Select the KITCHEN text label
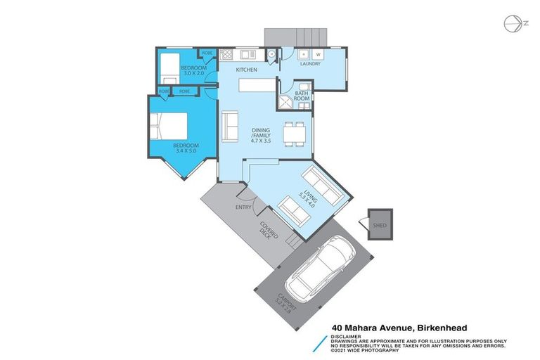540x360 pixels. click(246, 70)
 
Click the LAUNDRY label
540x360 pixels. click(310, 64)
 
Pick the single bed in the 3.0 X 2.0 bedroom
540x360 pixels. click(170, 70)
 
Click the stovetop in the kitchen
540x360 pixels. click(226, 53)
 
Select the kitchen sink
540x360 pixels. click(247, 53)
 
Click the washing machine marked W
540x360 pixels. click(318, 53)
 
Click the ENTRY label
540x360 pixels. click(244, 207)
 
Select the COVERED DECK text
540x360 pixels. click(269, 232)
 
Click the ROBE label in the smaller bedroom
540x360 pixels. click(208, 53)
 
